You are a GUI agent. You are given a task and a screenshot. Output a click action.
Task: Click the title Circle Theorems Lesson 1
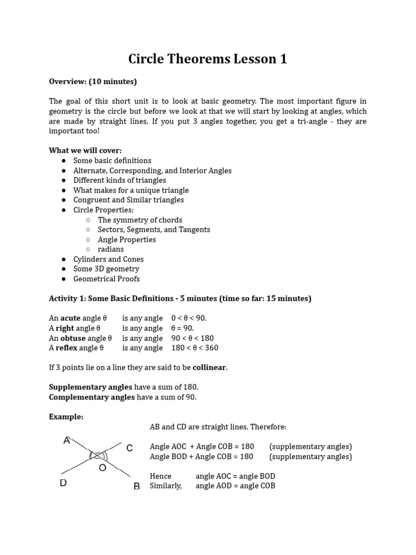point(207,59)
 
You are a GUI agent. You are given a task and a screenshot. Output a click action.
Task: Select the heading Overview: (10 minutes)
point(93,81)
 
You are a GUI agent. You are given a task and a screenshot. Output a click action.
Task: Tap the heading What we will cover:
point(85,150)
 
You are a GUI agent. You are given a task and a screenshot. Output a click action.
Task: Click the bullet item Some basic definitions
point(112,160)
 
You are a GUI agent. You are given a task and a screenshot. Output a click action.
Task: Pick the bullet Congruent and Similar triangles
point(128,199)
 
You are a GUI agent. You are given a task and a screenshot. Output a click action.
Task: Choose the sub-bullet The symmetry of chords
point(140,220)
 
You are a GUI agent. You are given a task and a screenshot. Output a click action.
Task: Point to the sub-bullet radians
point(110,249)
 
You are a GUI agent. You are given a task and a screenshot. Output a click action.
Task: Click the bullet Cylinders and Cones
point(108,259)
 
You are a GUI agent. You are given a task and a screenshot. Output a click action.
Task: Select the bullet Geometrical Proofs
point(106,279)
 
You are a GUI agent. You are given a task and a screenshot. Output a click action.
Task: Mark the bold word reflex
point(67,347)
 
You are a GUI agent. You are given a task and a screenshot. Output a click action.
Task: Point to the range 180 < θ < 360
point(194,347)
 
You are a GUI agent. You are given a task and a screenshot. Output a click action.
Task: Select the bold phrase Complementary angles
point(92,397)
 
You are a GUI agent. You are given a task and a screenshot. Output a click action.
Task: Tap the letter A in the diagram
point(67,441)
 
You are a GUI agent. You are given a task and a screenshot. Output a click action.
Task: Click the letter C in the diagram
point(129,448)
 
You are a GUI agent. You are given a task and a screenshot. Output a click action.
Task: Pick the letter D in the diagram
point(63,483)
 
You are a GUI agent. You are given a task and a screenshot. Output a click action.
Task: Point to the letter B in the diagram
point(136,486)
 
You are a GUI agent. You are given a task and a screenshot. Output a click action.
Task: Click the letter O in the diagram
point(102,467)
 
